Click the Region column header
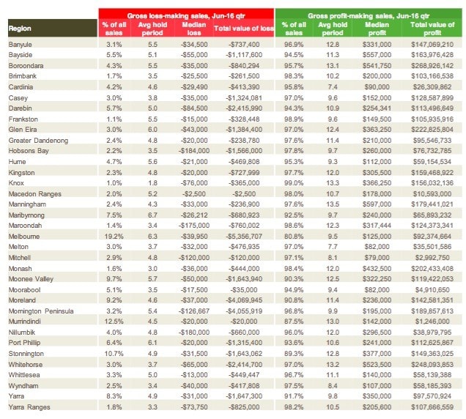click(20, 29)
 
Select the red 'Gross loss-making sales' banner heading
click(186, 16)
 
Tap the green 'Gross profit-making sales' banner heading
click(369, 16)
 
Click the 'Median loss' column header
click(193, 29)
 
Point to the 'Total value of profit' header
click(432, 29)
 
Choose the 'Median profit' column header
click(377, 29)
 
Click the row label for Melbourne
click(24, 237)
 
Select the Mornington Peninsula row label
click(41, 311)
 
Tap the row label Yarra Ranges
click(29, 407)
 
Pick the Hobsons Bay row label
click(29, 151)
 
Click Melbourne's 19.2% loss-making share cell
click(114, 237)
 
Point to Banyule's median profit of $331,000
click(377, 44)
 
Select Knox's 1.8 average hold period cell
click(152, 182)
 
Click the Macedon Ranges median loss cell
click(193, 193)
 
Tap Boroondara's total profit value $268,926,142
click(432, 66)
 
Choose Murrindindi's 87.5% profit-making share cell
click(294, 322)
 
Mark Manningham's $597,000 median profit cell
click(377, 204)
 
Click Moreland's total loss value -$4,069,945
click(244, 300)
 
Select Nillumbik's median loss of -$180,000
click(193, 333)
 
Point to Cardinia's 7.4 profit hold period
click(333, 86)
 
